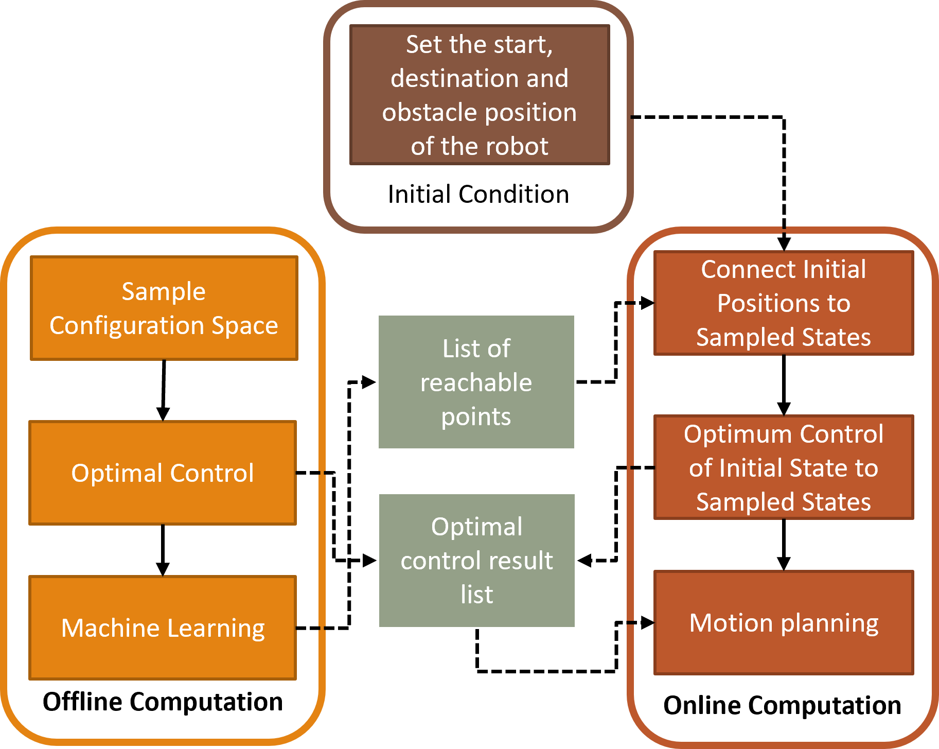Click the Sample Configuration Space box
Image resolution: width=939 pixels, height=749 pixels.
pyautogui.click(x=164, y=308)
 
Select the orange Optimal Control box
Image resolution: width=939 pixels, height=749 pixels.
pyautogui.click(x=163, y=473)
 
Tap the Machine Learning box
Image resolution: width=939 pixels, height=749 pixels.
pyautogui.click(x=163, y=628)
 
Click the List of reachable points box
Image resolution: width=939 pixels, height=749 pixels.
pyautogui.click(x=476, y=382)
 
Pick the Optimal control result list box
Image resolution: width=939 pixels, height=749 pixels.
pyautogui.click(x=477, y=560)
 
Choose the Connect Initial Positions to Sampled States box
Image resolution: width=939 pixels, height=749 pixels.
pyautogui.click(x=783, y=303)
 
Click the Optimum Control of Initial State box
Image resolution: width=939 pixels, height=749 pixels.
pyautogui.click(x=783, y=467)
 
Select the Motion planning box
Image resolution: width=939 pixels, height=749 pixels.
pyautogui.click(x=783, y=622)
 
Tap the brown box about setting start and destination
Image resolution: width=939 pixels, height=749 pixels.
pyautogui.click(x=480, y=95)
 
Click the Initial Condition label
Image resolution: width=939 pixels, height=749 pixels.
pyautogui.click(x=479, y=194)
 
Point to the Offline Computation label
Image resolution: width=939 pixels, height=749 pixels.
pyautogui.click(x=163, y=702)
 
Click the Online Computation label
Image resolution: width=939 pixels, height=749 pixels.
pyautogui.click(x=782, y=705)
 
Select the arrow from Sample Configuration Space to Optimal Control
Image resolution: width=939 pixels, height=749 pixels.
pyautogui.click(x=164, y=390)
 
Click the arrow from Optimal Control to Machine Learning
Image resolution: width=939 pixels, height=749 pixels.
pyautogui.click(x=163, y=550)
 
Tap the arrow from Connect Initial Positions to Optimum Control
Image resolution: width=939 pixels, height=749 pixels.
pyautogui.click(x=784, y=385)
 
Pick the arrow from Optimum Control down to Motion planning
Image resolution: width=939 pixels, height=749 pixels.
pyautogui.click(x=784, y=545)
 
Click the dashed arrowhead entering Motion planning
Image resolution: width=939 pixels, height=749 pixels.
pyautogui.click(x=647, y=623)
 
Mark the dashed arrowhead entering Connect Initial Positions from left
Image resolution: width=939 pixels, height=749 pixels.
pyautogui.click(x=647, y=303)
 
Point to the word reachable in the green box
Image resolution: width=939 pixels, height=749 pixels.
pyautogui.click(x=476, y=382)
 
